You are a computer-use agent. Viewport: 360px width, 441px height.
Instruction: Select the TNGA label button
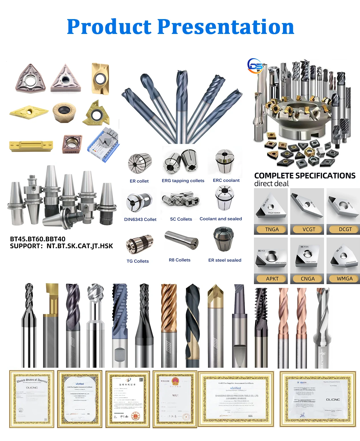pos(272,229)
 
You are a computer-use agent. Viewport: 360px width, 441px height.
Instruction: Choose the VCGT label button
pos(309,229)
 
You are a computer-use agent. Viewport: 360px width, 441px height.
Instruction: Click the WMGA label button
pos(345,279)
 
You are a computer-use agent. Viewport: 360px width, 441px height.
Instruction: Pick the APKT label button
pos(272,279)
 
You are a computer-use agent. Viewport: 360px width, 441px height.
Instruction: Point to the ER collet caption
pos(139,181)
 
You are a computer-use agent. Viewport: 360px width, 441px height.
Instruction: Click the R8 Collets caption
pos(179,260)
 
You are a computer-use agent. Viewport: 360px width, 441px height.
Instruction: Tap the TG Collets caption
pos(137,261)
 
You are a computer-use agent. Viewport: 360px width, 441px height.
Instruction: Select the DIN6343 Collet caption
pos(140,219)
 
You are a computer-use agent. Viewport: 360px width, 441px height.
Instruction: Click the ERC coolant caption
pos(226,180)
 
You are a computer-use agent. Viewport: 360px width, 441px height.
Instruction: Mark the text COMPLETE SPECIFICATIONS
pos(305,176)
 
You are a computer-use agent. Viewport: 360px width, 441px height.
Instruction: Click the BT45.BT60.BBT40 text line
pos(38,239)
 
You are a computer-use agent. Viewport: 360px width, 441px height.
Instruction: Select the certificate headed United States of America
pos(32,399)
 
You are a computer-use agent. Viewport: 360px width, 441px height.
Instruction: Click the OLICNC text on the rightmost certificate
pos(333,400)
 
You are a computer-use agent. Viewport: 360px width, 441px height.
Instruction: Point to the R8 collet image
pos(181,239)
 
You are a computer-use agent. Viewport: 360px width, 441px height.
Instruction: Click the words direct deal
pos(271,184)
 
